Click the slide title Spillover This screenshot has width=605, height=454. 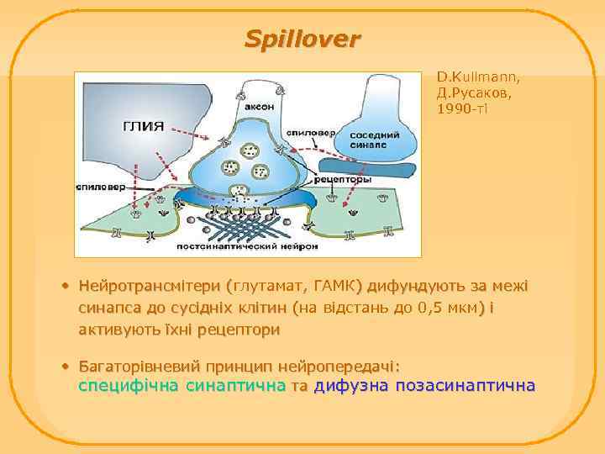coord(302,39)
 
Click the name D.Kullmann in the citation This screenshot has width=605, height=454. coord(478,78)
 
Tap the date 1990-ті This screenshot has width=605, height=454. coord(462,108)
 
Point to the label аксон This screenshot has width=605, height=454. coord(258,107)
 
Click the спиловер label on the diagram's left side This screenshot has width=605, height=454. coord(108,185)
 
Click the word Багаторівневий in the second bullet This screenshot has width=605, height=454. coord(139,367)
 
